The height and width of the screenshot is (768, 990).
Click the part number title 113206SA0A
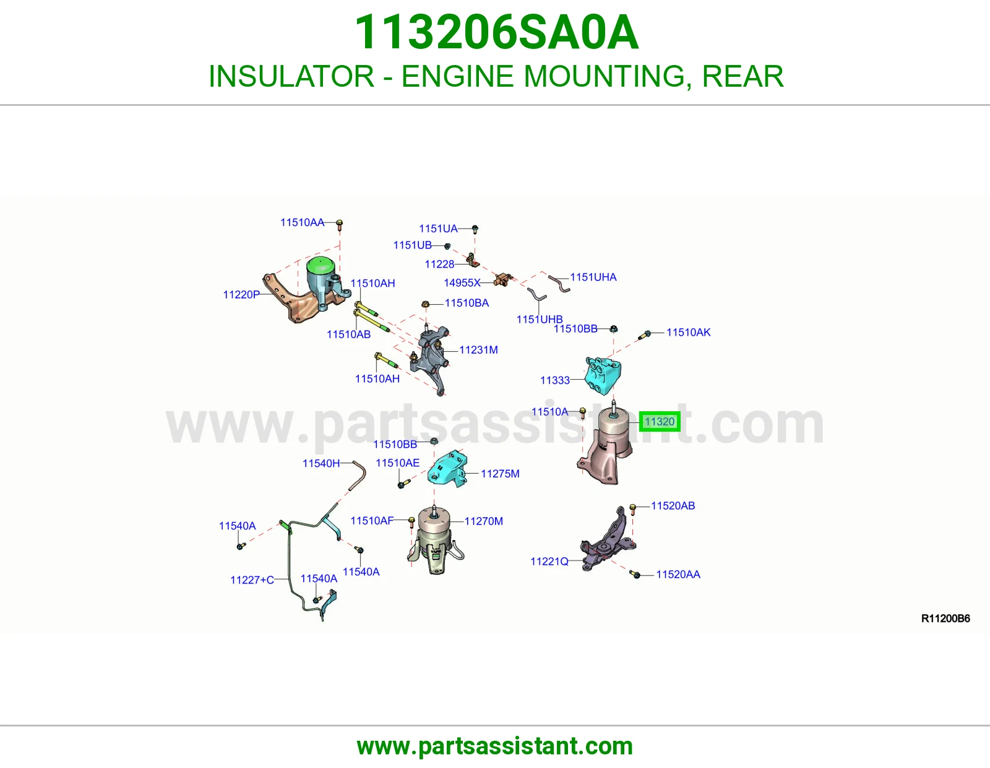pos(497,32)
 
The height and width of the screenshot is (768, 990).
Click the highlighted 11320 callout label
pos(659,421)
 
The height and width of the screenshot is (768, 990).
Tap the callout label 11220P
pos(241,295)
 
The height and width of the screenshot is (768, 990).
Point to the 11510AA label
pos(302,222)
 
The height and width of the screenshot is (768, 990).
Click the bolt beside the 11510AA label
pos(340,225)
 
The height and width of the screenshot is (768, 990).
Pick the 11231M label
pos(478,350)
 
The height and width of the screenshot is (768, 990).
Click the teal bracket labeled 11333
pos(603,376)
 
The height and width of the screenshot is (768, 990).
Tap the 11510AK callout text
pos(689,333)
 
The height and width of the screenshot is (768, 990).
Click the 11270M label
pos(484,521)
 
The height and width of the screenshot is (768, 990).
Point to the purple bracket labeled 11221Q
pos(607,540)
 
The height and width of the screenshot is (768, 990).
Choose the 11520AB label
pos(673,506)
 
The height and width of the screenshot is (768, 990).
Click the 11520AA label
pos(678,575)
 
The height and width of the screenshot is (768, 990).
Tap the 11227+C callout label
pos(252,580)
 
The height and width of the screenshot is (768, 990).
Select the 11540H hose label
pos(321,463)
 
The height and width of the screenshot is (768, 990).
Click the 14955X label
pos(462,283)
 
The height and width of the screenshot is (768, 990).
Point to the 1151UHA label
pos(593,277)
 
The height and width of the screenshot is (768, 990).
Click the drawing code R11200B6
pos(945,618)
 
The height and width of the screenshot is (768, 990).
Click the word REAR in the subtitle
pos(742,76)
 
